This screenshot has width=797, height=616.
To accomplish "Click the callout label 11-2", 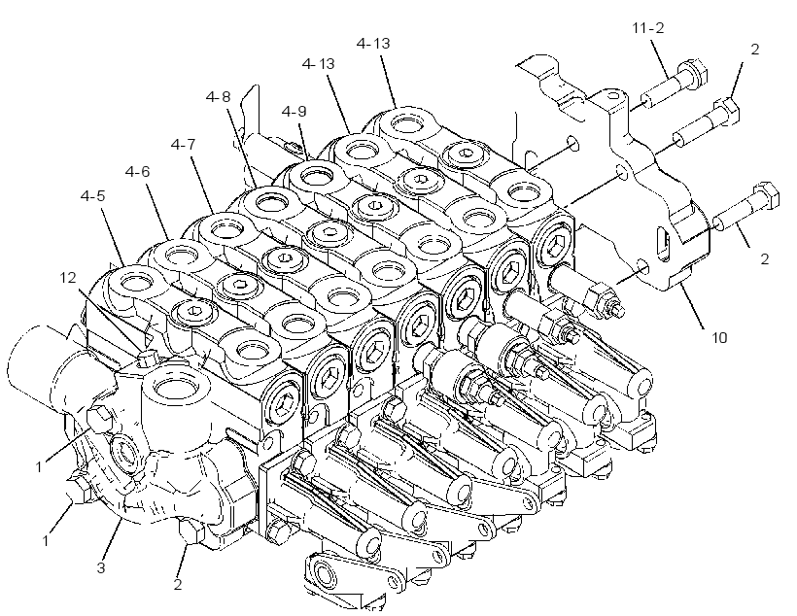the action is click(x=648, y=28).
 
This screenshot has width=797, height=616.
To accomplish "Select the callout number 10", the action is click(x=719, y=337).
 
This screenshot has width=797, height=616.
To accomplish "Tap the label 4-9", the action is click(x=295, y=112).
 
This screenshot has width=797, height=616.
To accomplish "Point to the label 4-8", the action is click(x=218, y=96).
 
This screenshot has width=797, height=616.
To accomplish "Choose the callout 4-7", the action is click(x=183, y=145).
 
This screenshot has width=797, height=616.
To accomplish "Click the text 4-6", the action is click(x=138, y=172).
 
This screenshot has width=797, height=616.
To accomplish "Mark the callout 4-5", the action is click(x=93, y=195).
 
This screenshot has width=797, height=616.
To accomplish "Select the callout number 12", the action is click(x=68, y=278).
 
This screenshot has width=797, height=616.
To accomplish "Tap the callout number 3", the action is click(x=101, y=567).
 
